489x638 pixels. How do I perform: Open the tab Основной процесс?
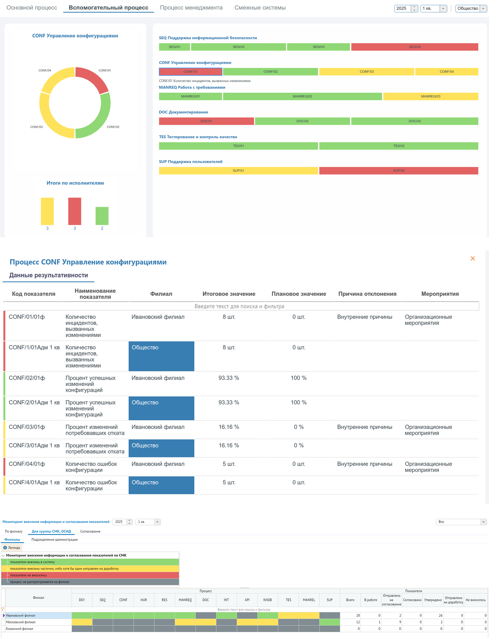32,8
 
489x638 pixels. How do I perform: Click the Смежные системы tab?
260,8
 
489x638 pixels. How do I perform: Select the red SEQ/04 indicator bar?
414,47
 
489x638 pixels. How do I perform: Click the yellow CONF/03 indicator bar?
366,72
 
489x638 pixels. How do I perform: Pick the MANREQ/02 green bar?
302,96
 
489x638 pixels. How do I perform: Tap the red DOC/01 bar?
206,121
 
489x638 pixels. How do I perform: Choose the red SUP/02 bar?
398,170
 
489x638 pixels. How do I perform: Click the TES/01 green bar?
238,146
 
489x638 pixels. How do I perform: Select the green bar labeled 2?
102,216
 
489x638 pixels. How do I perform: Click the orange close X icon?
473,258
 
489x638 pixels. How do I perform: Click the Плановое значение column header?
299,294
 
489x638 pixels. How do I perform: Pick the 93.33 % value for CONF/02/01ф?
229,378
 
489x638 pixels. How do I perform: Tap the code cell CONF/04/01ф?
27,464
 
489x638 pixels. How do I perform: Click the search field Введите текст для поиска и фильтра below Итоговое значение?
239,306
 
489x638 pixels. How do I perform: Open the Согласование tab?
90,531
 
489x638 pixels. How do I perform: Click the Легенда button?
12,547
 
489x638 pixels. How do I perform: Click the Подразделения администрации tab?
54,539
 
